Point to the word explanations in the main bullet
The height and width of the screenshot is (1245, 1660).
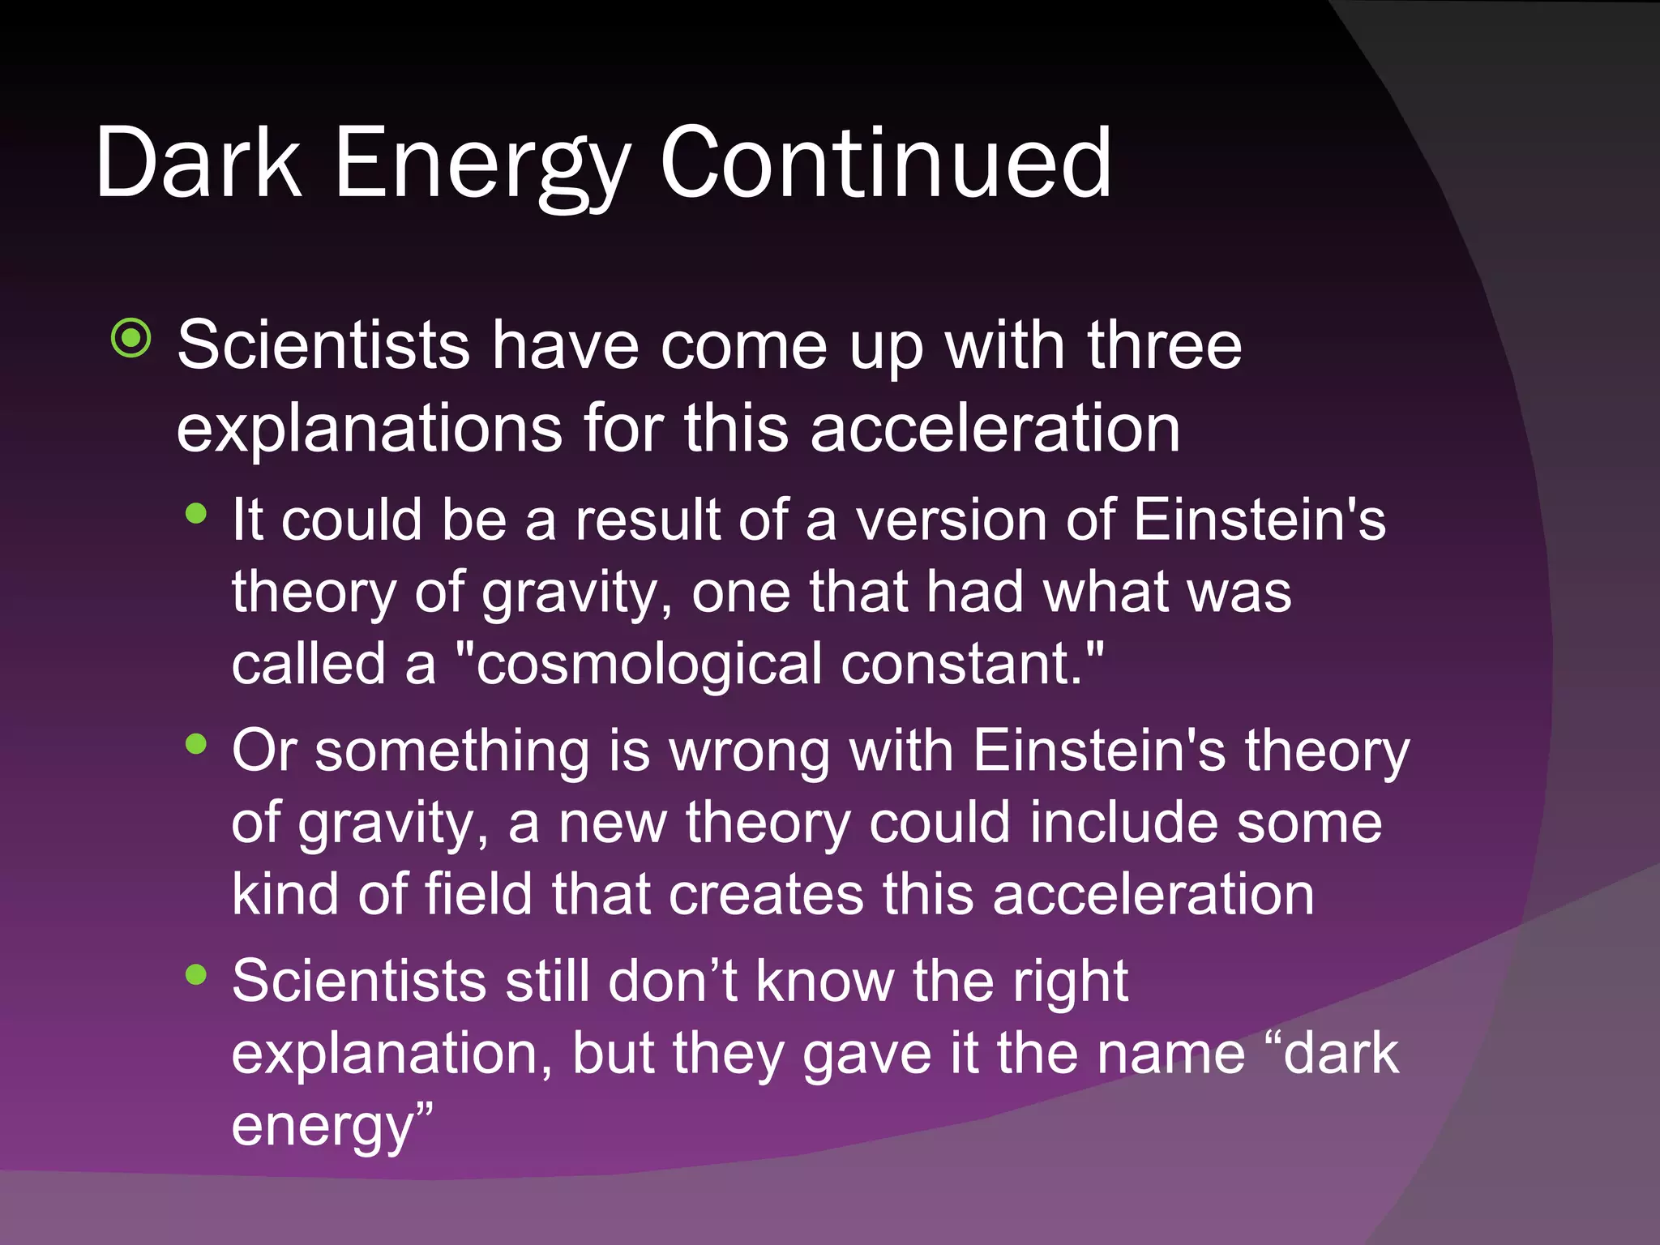(x=370, y=429)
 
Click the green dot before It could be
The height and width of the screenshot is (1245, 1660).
(x=196, y=514)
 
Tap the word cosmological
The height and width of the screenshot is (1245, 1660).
(x=648, y=664)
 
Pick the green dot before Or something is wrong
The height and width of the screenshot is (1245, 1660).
(x=196, y=744)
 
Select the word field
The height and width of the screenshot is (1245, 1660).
(x=479, y=895)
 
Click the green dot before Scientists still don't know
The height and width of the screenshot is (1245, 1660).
(x=196, y=974)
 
